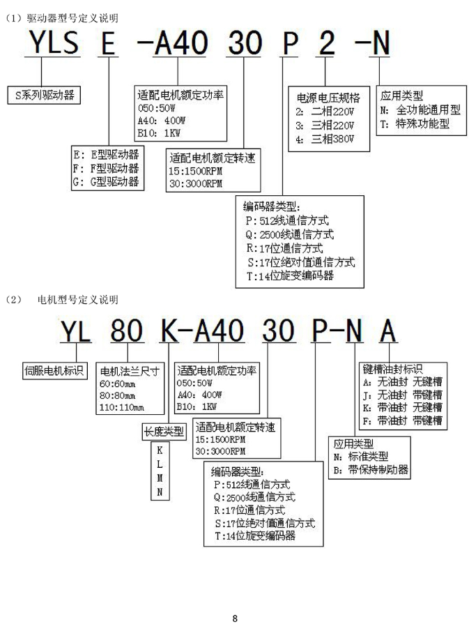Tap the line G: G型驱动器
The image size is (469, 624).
106,183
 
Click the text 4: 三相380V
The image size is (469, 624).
325,139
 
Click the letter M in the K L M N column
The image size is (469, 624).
160,478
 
